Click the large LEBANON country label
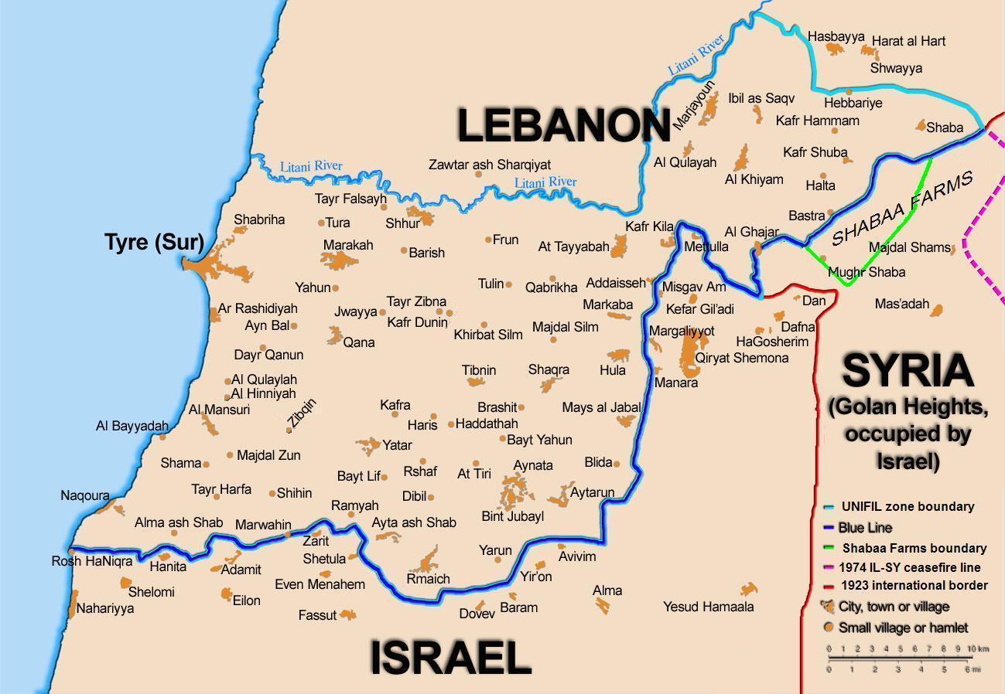pyautogui.click(x=563, y=126)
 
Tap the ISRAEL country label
pyautogui.click(x=450, y=658)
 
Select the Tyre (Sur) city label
pyautogui.click(x=155, y=243)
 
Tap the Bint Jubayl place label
pyautogui.click(x=512, y=516)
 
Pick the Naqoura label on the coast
pyautogui.click(x=85, y=495)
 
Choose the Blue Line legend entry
pyautogui.click(x=865, y=528)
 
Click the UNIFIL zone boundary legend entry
pyautogui.click(x=906, y=507)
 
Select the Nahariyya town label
pyautogui.click(x=105, y=608)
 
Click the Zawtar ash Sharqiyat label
pyautogui.click(x=490, y=165)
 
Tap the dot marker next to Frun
pyautogui.click(x=488, y=240)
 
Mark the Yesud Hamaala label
pyautogui.click(x=708, y=607)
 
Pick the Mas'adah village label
pyautogui.click(x=901, y=304)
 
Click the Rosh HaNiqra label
pyautogui.click(x=92, y=561)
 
